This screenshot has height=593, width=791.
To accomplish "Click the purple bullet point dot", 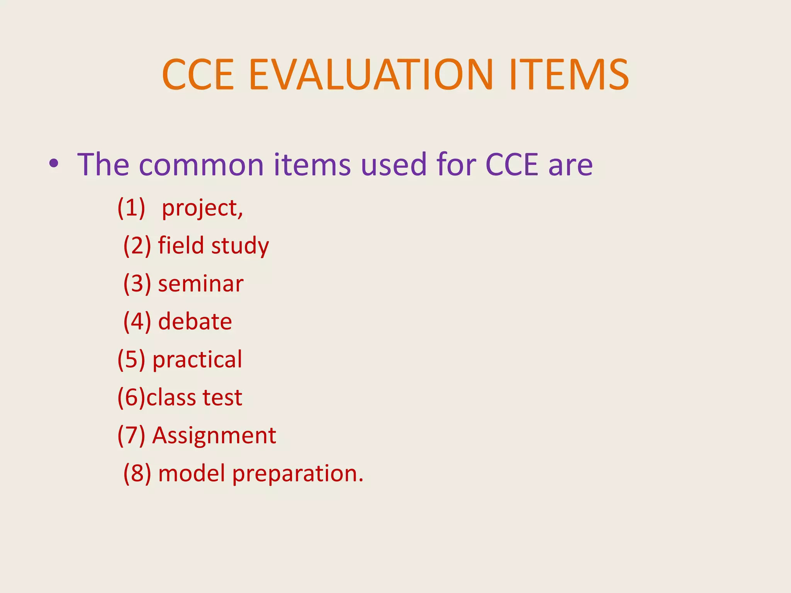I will coord(54,164).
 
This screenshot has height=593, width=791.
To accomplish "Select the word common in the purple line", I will coord(201,165).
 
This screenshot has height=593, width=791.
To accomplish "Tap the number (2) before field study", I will coord(137,246).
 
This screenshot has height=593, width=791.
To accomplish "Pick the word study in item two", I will coord(240,246).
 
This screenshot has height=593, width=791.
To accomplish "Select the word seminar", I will coord(201,284).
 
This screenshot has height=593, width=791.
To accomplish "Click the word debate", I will coord(195,321).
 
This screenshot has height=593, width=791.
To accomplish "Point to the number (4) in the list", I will coord(137,322).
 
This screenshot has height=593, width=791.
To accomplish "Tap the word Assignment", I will coord(214,436).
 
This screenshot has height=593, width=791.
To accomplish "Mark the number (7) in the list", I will coord(131,435).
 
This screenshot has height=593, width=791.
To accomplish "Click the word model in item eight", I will coord(192,473).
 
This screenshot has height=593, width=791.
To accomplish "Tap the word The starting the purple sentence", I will coord(103,164).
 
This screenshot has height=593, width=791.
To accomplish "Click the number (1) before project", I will coord(131,208).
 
